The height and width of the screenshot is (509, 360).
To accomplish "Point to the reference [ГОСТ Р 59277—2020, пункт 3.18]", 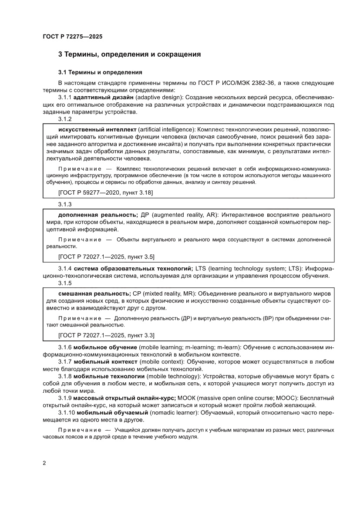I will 105,192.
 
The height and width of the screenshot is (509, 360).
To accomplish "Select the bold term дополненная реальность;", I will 98,215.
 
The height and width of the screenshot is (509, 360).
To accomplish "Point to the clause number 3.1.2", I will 65,119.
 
